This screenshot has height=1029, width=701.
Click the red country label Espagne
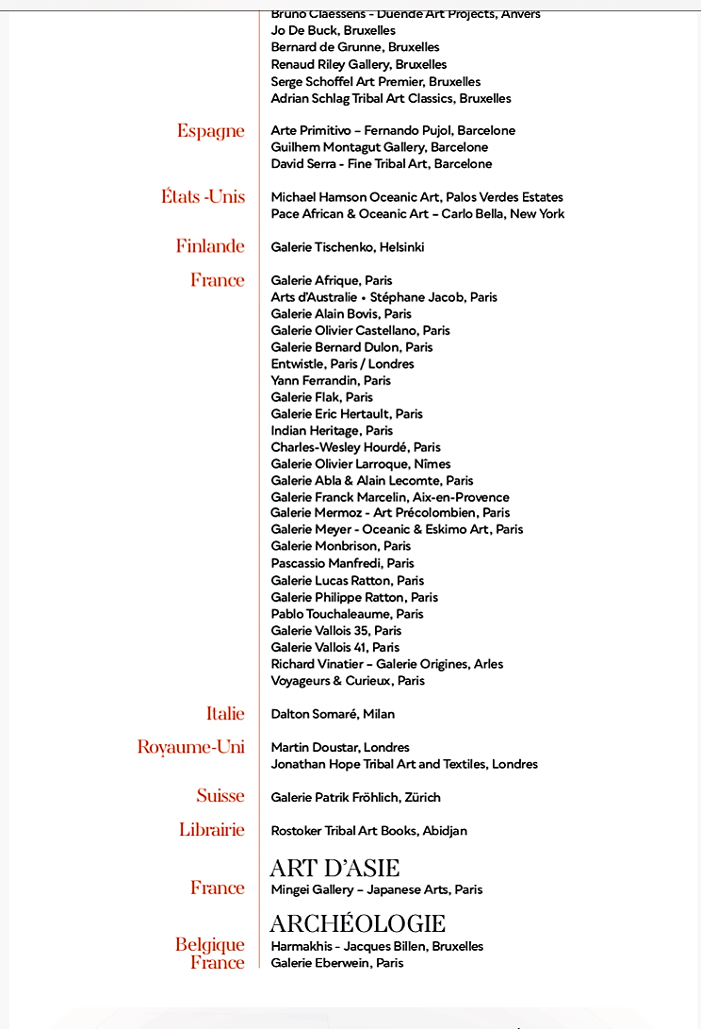tap(210, 131)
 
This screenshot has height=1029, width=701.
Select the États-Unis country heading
tap(203, 197)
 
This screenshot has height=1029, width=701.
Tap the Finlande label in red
tap(209, 246)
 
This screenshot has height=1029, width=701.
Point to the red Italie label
tap(225, 714)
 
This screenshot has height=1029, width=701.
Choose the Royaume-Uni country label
tap(190, 747)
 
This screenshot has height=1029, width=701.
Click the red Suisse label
tap(220, 796)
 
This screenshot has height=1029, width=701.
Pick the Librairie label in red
tap(211, 830)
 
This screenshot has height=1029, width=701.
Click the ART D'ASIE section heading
tap(334, 868)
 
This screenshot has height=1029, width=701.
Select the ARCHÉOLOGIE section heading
tap(357, 923)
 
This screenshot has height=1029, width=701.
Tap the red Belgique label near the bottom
tap(209, 944)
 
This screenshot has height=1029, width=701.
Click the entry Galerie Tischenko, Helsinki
tap(347, 247)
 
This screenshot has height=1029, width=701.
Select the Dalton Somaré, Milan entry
tap(333, 714)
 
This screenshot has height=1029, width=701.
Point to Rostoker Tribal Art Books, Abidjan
tap(368, 831)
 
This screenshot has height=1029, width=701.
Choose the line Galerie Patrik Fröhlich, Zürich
tap(355, 797)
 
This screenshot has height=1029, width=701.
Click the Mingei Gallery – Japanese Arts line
tap(376, 889)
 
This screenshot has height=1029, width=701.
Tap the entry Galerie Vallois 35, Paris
tap(335, 630)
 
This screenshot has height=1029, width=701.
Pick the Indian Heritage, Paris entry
tap(332, 430)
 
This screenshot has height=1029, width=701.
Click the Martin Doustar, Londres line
tap(339, 747)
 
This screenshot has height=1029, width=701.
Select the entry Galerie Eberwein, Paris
tap(336, 963)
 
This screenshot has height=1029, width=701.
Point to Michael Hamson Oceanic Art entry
tap(416, 197)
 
